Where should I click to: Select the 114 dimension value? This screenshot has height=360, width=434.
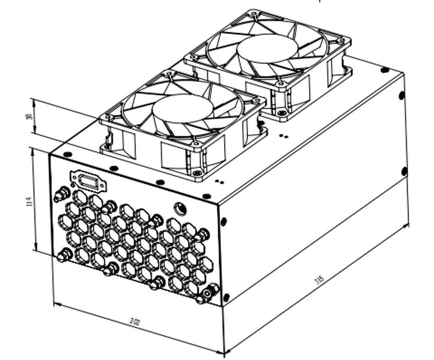pos(29,201)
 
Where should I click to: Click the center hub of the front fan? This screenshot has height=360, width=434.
pos(183,109)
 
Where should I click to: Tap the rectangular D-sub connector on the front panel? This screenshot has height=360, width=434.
pos(88,180)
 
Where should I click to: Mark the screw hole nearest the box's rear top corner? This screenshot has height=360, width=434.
pos(385,70)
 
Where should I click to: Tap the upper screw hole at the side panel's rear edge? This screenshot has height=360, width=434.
pos(402,96)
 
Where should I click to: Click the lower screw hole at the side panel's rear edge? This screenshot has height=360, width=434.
pos(404,171)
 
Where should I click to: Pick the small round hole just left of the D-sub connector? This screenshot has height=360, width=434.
pos(73,185)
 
